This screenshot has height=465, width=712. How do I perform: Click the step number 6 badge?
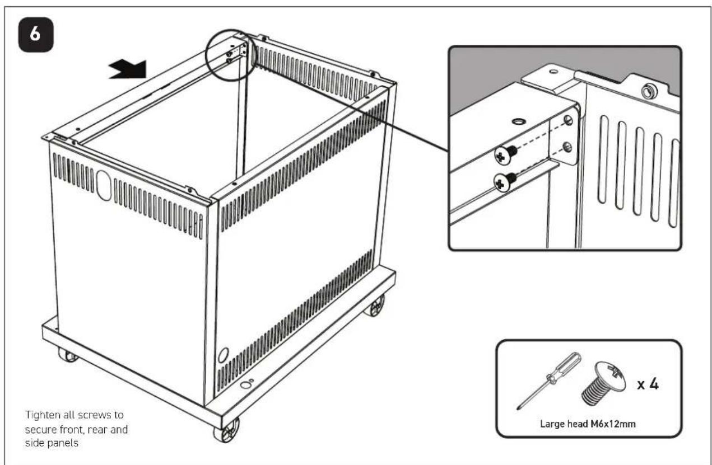[36, 35]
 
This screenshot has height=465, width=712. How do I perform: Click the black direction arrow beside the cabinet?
[128, 69]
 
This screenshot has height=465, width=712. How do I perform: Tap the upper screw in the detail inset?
[506, 154]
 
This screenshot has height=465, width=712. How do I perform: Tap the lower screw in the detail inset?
[505, 182]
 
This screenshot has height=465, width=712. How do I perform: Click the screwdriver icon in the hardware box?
[549, 381]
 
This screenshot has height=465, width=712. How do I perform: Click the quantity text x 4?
[648, 384]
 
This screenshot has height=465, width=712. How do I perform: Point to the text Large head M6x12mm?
[588, 424]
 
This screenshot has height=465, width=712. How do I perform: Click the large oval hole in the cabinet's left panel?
[104, 186]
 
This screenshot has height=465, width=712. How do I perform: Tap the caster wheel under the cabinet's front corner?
[226, 431]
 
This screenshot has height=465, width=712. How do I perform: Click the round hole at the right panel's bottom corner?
[224, 355]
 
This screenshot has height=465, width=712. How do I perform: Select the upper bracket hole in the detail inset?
[567, 120]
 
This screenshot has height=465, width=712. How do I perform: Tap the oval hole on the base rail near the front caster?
[246, 385]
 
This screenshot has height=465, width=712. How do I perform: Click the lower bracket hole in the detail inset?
[567, 147]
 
